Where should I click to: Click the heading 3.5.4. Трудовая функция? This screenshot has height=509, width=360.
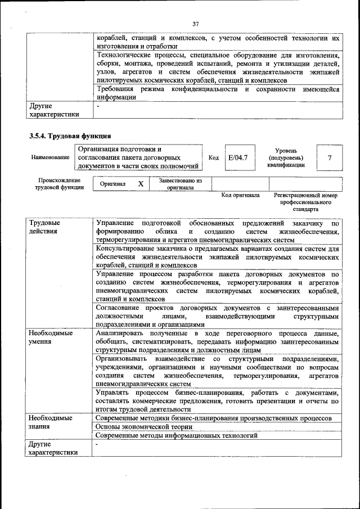[70, 136]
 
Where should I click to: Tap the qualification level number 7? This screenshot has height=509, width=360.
[329, 158]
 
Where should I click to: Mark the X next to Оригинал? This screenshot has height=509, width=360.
[141, 184]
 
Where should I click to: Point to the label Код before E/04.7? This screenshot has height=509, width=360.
[214, 158]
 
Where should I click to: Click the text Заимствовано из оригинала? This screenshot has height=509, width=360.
[181, 184]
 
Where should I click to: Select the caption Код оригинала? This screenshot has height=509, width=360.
[240, 196]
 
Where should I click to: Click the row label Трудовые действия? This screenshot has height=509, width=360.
[44, 227]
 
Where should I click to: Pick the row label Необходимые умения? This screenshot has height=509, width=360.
[51, 337]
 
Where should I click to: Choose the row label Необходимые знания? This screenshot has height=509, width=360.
[51, 422]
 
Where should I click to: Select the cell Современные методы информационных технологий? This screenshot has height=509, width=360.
[177, 435]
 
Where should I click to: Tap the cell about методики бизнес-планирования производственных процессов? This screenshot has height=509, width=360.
[213, 418]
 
